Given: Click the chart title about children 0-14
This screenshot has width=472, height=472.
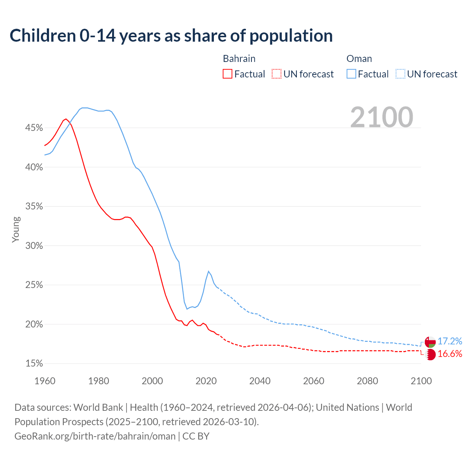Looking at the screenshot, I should pos(171,36).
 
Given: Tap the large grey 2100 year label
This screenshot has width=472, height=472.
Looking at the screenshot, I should pos(382,117).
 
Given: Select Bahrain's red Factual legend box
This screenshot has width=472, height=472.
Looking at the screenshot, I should pos(228,74).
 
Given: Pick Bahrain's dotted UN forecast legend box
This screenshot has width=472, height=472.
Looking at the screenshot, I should pos(277,74).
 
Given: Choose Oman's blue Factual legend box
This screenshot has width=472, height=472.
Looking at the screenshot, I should pos(351,74).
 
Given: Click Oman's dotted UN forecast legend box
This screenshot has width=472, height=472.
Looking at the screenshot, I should pos(400,74).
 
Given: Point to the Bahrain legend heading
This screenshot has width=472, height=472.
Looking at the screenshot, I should pos(239,59).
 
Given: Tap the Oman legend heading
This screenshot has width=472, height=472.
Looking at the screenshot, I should pos(359,59).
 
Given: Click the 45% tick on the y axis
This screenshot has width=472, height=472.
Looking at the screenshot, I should pos(34,128).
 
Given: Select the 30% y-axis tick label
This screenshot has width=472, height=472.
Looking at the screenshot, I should pos(34,246).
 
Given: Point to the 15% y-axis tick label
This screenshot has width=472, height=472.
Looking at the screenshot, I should pos(34,364).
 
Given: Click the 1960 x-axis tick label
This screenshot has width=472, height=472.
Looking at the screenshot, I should pos(45,381).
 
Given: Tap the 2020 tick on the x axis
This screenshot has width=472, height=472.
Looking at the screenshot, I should pos(206,381).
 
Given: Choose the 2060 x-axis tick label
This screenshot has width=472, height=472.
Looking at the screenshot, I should pos(313,381).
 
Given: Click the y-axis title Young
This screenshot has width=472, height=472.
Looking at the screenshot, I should pos(16,229).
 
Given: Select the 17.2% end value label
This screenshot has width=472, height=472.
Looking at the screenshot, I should pos(450,341).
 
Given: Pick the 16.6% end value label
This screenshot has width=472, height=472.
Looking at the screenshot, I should pos(450,354).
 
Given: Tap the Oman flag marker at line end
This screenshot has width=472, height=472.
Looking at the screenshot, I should pos(430,342).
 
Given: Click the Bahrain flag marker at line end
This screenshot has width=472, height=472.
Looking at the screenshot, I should pos(430,355).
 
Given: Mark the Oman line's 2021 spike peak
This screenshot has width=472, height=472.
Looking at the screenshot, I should pos(209,271).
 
